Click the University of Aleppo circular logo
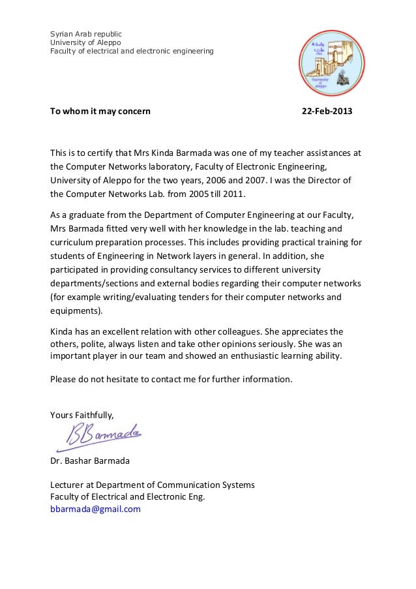click(331, 63)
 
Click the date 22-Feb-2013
click(326, 111)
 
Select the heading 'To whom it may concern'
click(100, 111)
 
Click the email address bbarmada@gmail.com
click(95, 509)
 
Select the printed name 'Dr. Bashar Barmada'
click(90, 461)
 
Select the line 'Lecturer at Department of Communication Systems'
click(153, 485)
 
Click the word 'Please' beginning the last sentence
click(64, 379)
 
